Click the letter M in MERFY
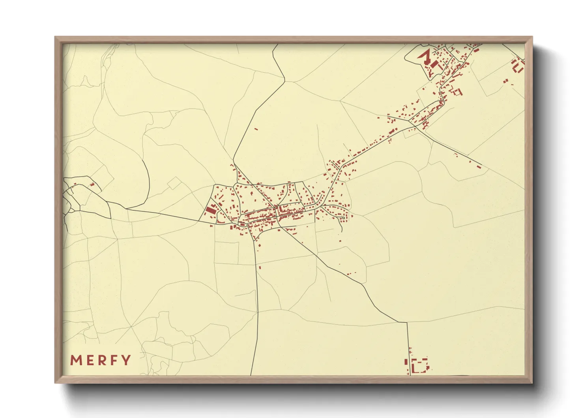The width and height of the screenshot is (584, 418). click(75, 360)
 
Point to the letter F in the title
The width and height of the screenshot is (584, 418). click(114, 360)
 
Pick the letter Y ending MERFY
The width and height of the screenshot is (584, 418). click(126, 360)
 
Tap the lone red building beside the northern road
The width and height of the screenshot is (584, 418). click(256, 129)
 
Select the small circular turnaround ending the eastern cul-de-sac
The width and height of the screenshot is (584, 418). click(343, 218)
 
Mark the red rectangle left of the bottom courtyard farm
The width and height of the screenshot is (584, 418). click(406, 361)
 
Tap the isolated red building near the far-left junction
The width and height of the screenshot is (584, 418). click(92, 184)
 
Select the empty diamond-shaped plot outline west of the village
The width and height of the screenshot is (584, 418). click(174, 183)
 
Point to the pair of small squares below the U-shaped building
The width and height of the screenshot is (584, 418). click(505, 81)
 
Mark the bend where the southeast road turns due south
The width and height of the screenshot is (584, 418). click(407, 322)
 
